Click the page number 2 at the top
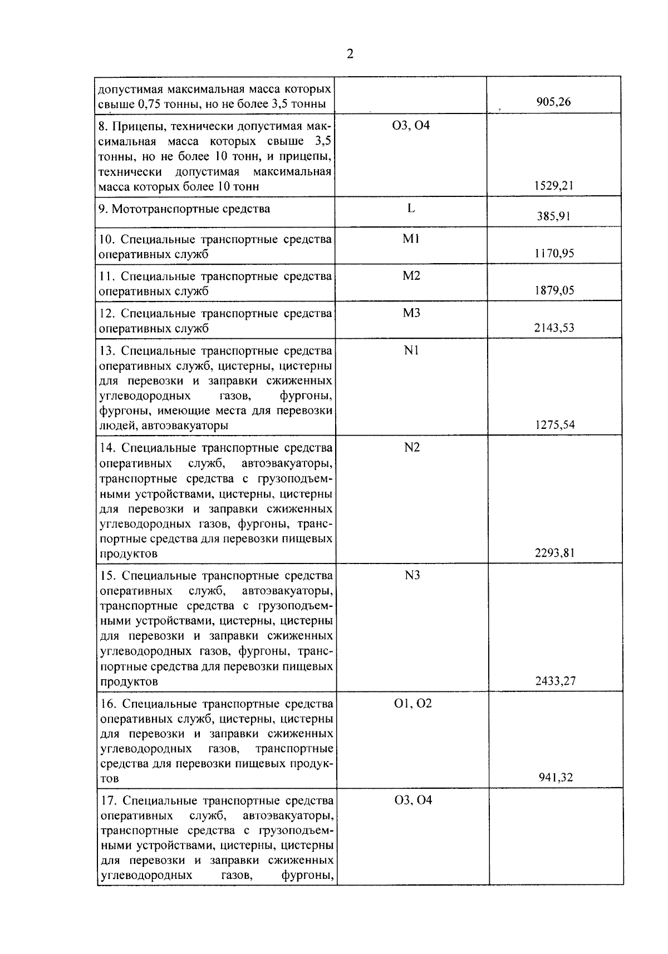point(350,54)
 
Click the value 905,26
point(553,102)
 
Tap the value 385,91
point(553,216)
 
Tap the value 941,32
point(555,778)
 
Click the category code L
point(411,209)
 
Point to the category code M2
point(411,276)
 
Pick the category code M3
point(411,313)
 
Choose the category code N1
point(411,350)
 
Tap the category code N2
point(412,447)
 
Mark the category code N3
point(412,575)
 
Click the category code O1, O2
point(412,703)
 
